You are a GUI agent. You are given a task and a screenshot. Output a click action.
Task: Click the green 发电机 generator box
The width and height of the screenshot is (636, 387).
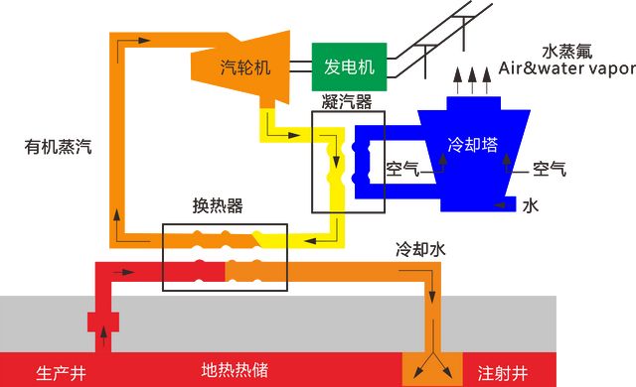pos(349,66)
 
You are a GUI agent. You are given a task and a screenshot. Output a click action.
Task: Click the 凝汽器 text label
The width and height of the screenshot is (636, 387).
pos(347,101)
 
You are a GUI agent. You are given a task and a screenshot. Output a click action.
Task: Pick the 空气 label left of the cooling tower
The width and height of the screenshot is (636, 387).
pos(403,169)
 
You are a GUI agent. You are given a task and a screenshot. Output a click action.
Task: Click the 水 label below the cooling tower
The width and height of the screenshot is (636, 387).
pos(530,205)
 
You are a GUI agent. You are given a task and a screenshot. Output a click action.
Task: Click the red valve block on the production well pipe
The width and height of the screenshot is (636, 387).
pos(102,322)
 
